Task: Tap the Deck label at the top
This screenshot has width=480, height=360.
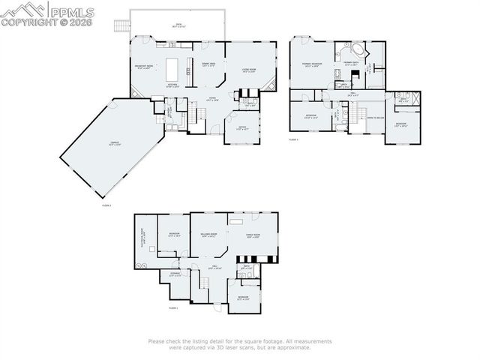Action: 178,25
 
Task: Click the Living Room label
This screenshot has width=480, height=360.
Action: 249,71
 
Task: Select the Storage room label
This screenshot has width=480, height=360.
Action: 174,275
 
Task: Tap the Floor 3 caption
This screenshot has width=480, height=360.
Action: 293,139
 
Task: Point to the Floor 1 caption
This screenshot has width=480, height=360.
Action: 172,307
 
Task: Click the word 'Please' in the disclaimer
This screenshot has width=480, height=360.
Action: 157,341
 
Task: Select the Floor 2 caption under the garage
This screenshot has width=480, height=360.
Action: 106,204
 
